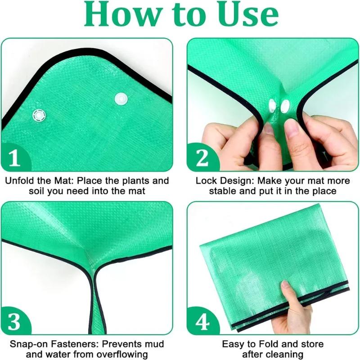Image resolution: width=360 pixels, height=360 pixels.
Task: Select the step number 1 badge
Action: tap(15, 158)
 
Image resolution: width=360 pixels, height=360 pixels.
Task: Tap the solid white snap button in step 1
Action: tap(121, 99)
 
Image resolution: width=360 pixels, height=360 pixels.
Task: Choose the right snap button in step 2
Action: tap(285, 106)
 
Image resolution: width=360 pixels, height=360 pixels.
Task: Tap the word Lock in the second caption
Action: tap(205, 181)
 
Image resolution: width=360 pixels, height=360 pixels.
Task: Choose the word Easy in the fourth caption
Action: tap(232, 344)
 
